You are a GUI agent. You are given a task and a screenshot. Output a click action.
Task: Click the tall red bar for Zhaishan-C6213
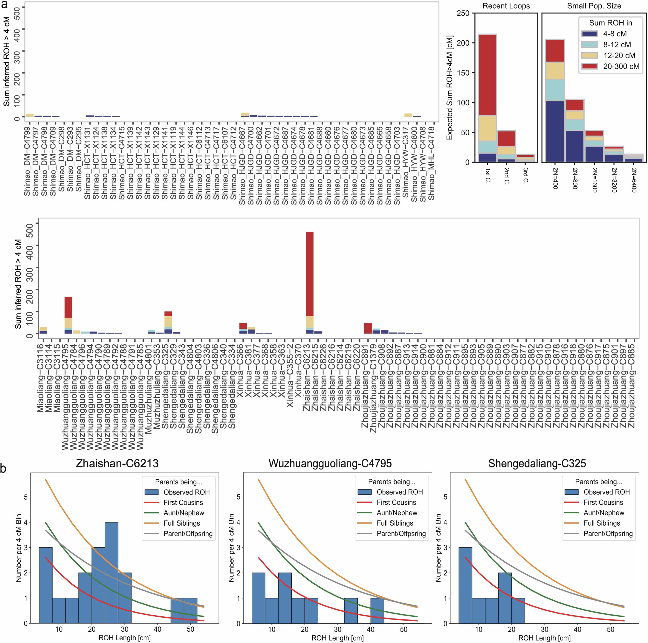click(309, 273)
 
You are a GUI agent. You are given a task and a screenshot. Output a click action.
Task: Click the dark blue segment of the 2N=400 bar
click(555, 131)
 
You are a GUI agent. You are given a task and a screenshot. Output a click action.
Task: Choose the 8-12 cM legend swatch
click(590, 45)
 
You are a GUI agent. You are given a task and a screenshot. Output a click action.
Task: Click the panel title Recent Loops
click(506, 6)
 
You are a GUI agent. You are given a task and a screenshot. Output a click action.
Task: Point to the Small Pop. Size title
click(594, 6)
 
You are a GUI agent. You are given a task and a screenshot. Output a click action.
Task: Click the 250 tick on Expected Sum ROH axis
click(463, 13)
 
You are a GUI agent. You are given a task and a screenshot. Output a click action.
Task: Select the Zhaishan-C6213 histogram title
click(117, 464)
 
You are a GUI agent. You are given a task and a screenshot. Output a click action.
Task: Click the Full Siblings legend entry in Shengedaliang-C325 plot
click(601, 523)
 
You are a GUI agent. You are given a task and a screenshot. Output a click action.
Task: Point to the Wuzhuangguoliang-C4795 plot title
click(330, 464)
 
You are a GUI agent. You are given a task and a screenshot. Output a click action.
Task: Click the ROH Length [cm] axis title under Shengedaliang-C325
click(544, 638)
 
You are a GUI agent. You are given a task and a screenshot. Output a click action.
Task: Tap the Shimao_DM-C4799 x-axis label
click(27, 161)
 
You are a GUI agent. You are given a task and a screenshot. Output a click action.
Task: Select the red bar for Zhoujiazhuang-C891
click(368, 328)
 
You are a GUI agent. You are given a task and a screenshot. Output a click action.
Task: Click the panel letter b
click(3, 468)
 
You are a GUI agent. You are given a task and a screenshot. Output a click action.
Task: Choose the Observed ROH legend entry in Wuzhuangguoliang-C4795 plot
click(399, 492)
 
